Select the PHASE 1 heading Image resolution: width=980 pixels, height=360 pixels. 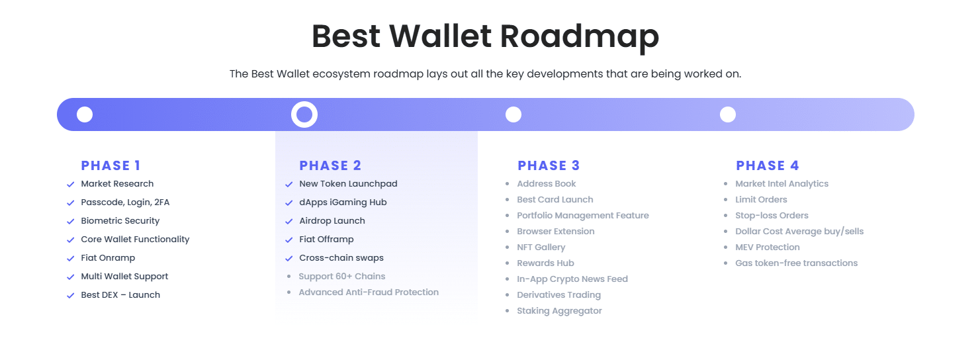111,165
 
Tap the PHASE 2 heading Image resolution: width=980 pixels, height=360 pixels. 330,165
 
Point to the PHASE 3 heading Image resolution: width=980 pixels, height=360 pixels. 549,165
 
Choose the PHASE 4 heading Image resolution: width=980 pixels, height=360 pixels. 768,165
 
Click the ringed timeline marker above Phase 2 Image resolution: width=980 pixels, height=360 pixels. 304,114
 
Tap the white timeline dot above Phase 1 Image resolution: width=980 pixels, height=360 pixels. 85,114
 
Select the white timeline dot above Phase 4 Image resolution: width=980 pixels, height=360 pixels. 728,114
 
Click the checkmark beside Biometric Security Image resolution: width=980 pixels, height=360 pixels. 70,222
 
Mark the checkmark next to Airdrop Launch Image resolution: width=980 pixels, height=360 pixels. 289,222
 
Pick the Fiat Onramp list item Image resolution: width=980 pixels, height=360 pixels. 108,258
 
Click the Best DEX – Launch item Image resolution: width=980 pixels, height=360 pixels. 120,295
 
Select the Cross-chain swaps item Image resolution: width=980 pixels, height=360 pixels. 341,258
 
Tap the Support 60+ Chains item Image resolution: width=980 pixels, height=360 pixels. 341,277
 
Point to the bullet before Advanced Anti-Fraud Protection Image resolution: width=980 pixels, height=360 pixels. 289,292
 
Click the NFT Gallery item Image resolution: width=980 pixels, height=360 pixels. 541,247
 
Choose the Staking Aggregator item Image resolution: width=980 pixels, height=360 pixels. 559,311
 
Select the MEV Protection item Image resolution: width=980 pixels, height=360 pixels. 768,247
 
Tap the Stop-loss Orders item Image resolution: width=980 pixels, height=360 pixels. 772,216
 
